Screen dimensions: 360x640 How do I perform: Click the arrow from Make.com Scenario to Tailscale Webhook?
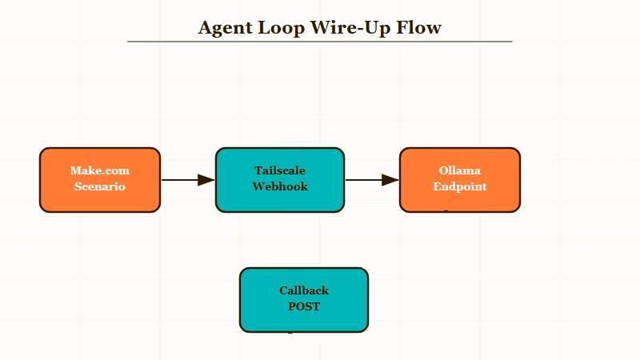(184, 180)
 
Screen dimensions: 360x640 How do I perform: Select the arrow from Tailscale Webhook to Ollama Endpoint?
(368, 180)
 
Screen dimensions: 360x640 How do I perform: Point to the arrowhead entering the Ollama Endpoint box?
(391, 180)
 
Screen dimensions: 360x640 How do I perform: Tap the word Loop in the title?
(281, 28)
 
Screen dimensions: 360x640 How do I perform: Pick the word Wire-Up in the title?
(350, 28)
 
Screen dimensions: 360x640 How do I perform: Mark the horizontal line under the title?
(320, 41)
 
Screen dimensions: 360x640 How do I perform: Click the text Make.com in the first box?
(100, 170)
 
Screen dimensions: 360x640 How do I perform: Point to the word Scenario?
(100, 186)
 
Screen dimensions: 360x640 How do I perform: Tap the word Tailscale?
(280, 170)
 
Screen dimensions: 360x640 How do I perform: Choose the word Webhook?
(280, 186)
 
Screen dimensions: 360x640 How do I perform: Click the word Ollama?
(460, 170)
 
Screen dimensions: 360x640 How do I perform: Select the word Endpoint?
(460, 186)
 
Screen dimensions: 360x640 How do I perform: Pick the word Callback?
(304, 290)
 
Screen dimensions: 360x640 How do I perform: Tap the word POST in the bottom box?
(304, 306)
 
